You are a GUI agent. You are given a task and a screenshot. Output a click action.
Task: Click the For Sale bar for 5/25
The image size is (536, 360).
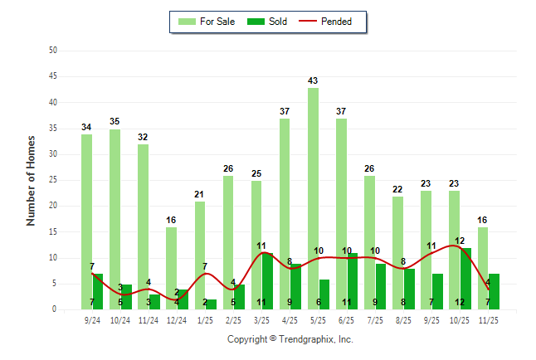click(x=313, y=199)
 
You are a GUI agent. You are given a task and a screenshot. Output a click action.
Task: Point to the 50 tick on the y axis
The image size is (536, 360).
click(x=52, y=51)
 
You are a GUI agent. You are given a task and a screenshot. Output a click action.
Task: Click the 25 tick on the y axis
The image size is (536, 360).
click(x=52, y=180)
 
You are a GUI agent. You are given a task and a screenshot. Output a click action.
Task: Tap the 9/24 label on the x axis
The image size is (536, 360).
click(x=92, y=319)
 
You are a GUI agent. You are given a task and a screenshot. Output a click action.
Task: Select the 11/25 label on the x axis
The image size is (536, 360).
click(x=489, y=319)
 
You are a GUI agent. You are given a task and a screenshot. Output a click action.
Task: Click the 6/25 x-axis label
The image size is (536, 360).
click(x=347, y=319)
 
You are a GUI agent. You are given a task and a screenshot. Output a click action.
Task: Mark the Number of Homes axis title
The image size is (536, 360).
click(x=31, y=180)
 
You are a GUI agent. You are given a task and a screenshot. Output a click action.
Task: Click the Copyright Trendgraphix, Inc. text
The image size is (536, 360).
click(x=290, y=339)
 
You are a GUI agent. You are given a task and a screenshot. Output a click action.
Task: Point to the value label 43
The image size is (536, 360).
click(x=313, y=80)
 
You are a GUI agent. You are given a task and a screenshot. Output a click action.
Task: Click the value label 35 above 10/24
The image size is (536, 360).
click(x=115, y=122)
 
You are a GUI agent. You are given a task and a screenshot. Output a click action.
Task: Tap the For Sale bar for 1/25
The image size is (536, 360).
click(x=199, y=255)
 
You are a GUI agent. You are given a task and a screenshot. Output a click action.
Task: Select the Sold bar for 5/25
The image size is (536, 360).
click(x=324, y=294)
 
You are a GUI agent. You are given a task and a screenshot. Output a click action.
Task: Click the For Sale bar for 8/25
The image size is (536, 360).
click(x=397, y=253)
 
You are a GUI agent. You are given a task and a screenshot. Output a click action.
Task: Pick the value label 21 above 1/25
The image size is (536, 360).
click(x=199, y=194)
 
